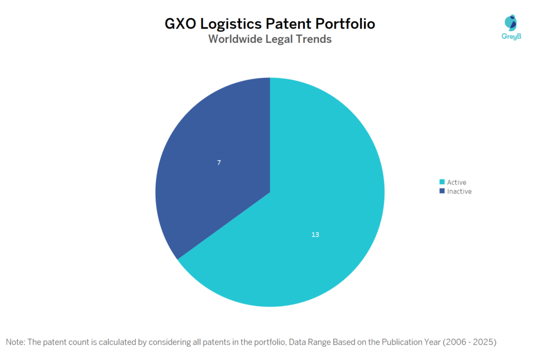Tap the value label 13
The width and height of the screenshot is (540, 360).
(315, 234)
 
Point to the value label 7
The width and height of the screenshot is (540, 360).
(219, 163)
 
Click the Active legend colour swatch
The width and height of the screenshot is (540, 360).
(442, 182)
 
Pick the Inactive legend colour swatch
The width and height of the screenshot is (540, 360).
(442, 191)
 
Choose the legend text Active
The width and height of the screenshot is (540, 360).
(457, 182)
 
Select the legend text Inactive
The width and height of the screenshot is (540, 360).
(459, 191)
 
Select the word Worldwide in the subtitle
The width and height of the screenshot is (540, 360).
(235, 39)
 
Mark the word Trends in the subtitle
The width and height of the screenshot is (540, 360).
(314, 39)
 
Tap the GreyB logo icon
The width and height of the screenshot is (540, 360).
(510, 22)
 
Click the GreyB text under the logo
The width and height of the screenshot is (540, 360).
(510, 36)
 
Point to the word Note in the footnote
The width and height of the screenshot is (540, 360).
(15, 342)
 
